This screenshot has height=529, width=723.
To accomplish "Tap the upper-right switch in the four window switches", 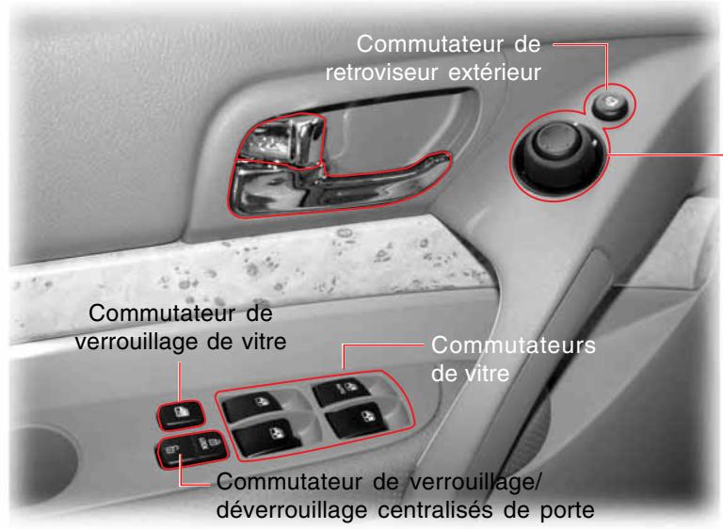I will point(342,388).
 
